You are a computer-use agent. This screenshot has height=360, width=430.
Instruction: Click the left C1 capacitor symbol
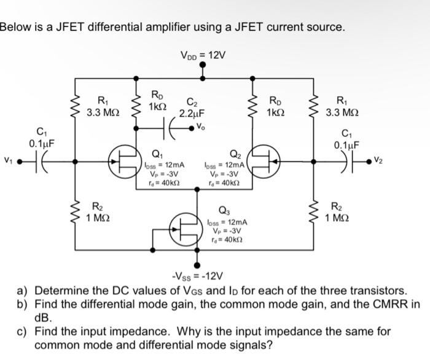41,162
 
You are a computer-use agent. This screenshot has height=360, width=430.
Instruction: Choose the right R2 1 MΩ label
338,213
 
